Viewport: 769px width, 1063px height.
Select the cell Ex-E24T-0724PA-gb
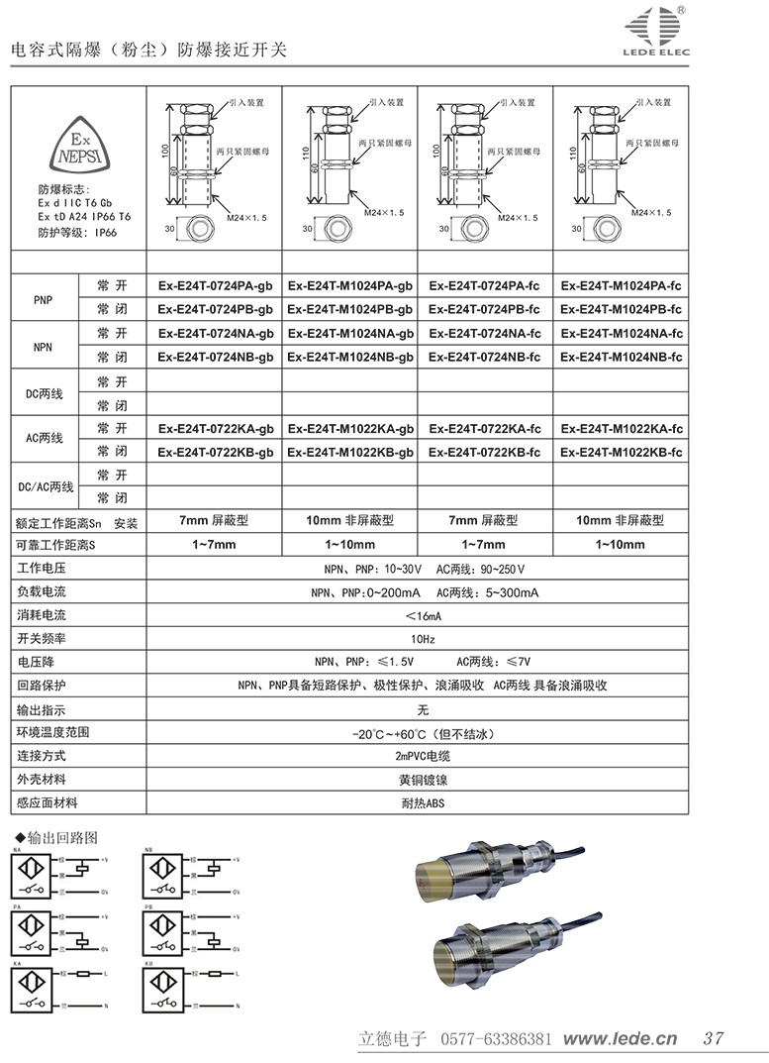coord(216,286)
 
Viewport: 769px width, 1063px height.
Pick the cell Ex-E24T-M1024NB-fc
coord(622,357)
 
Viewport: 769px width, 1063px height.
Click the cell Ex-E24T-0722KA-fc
coord(485,429)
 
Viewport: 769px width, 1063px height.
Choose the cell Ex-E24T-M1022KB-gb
coord(350,453)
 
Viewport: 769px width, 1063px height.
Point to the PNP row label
coord(44,298)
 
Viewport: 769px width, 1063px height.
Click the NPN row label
coord(44,346)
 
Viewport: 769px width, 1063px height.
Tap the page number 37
coord(713,1039)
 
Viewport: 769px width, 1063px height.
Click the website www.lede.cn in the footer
coord(620,1039)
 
